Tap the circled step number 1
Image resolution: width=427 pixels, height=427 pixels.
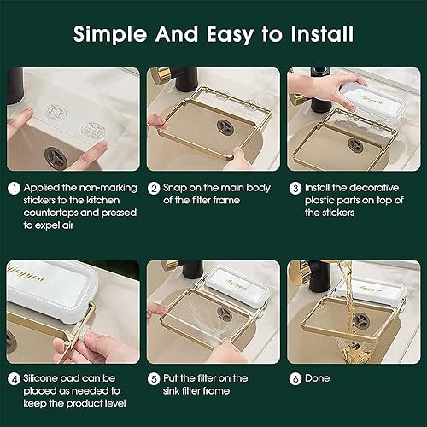(13, 187)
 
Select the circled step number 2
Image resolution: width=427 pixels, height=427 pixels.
(154, 187)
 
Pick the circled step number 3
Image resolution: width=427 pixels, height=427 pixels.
(295, 187)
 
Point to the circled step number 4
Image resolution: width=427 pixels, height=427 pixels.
(13, 378)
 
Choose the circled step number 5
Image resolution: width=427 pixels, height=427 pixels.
(154, 378)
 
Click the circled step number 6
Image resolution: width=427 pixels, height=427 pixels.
(295, 378)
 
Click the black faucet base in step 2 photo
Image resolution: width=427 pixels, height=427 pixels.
(186, 80)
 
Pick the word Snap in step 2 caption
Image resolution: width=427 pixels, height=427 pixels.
(178, 187)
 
